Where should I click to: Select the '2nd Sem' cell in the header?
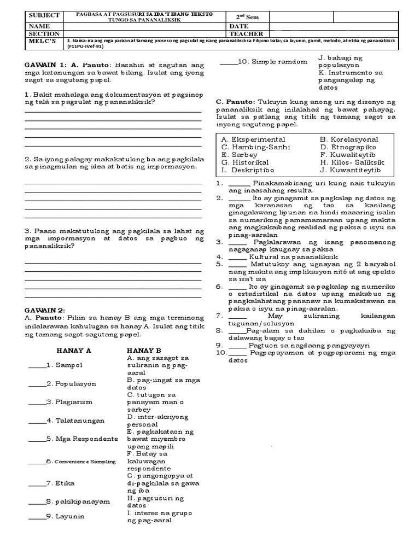click(x=245, y=17)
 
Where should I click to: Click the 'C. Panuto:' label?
click(x=235, y=102)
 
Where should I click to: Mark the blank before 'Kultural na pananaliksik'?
click(x=238, y=256)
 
